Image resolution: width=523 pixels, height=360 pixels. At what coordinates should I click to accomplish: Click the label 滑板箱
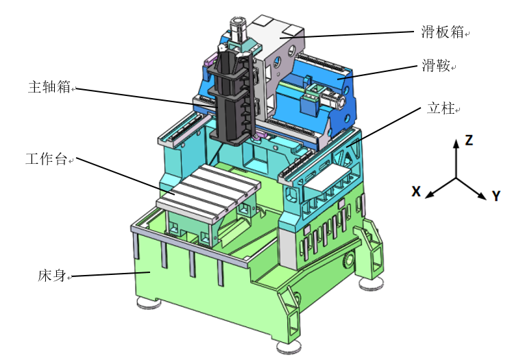[x=442, y=32]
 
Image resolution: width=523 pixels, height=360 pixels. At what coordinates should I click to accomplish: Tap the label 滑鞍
[x=436, y=65]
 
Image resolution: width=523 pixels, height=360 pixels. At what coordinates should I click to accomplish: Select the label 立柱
[x=441, y=108]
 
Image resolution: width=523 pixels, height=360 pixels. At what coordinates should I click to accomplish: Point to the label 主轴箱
[x=49, y=87]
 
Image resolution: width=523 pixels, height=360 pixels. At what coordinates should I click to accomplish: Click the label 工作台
[x=47, y=159]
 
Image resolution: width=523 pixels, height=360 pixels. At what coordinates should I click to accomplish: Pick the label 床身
[x=51, y=276]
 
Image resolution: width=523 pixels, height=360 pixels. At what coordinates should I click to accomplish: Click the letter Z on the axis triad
[x=469, y=140]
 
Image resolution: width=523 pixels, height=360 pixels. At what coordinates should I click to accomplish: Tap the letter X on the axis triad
[x=416, y=191]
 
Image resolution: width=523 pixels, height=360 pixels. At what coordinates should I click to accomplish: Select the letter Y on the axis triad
[x=496, y=196]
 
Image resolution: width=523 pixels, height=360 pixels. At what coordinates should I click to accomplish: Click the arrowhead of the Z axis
[x=456, y=143]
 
